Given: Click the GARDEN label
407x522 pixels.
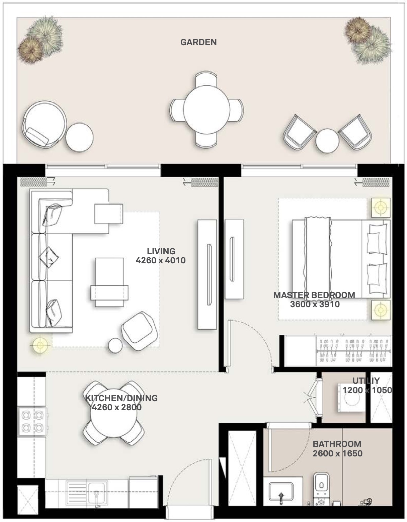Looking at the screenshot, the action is (x=198, y=42).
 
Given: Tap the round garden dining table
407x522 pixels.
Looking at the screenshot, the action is (x=207, y=109).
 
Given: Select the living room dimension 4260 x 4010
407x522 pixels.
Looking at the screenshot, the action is (x=161, y=260).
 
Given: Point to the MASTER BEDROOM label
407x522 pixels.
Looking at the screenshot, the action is (x=314, y=295).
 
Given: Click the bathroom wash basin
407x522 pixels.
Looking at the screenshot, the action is (x=281, y=492).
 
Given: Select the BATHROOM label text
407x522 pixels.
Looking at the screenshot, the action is (x=337, y=444).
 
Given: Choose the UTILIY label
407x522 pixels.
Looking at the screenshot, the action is (x=366, y=380).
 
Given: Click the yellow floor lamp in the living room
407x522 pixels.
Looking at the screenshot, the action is (x=40, y=345).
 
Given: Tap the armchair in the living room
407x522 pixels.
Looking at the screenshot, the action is (x=139, y=331).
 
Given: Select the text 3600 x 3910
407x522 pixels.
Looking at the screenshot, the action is (x=315, y=304).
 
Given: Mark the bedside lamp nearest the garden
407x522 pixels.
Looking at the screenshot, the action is (x=381, y=207).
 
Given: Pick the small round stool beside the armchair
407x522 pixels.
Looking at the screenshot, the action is (x=115, y=345).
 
